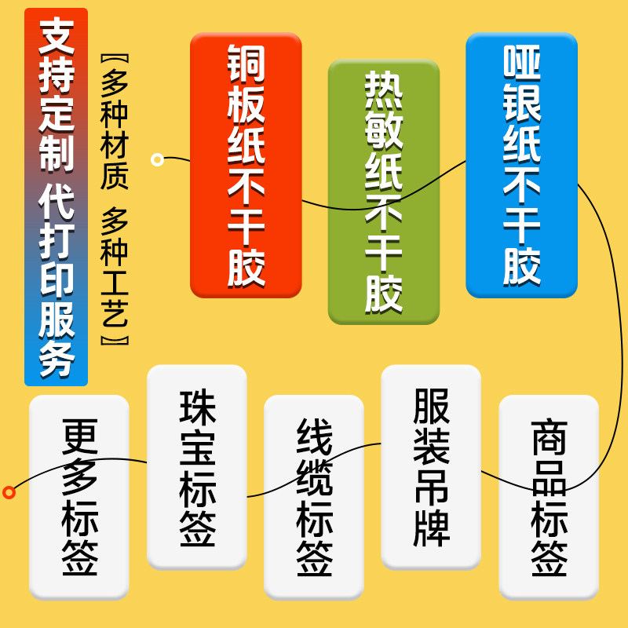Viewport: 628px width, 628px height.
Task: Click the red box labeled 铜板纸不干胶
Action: tap(246, 165)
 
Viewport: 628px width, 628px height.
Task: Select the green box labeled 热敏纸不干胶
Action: tap(383, 192)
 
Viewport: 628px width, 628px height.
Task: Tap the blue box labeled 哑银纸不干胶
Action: tap(521, 165)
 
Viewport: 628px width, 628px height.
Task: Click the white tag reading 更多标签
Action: tap(78, 496)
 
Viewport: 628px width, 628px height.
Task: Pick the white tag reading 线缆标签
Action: tap(313, 496)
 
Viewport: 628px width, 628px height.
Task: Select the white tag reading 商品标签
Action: tap(548, 496)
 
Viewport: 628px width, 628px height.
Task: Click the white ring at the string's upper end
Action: tap(157, 159)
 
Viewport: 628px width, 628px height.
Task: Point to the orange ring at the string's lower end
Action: tap(9, 492)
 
